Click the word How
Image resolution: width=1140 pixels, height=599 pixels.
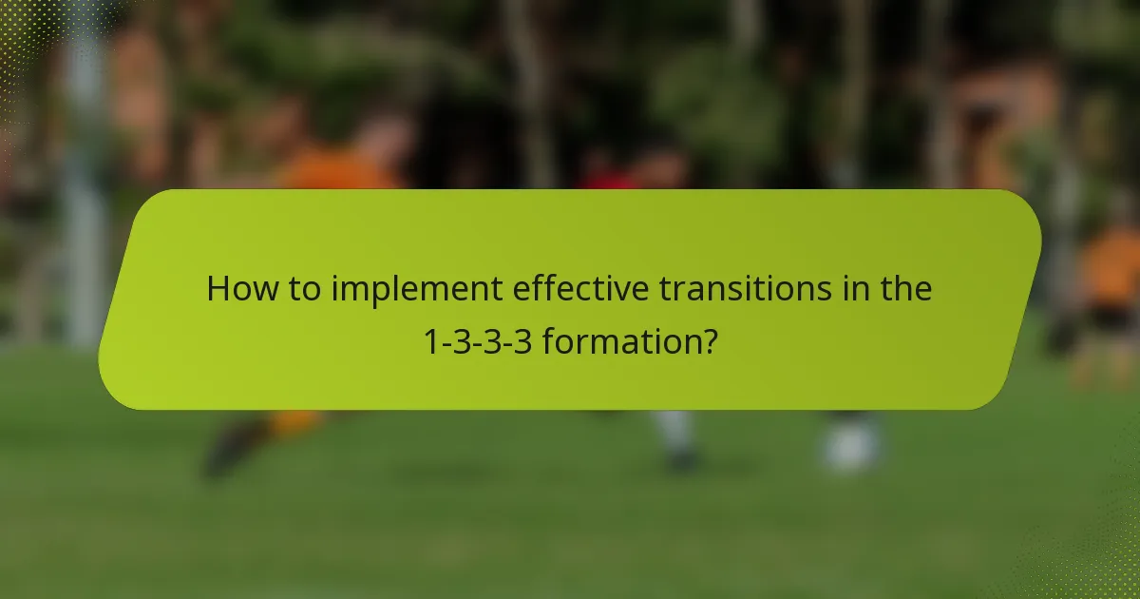[x=241, y=289]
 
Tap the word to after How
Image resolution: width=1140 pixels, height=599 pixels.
[x=306, y=289]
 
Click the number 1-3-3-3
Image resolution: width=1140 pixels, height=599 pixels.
[x=478, y=340]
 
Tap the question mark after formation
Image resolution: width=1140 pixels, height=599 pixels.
[x=708, y=340]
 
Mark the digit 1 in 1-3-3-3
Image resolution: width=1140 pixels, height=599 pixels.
[x=429, y=340]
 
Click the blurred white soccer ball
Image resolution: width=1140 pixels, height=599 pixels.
[x=850, y=445]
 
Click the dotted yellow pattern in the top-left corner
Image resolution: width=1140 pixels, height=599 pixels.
[x=24, y=38]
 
